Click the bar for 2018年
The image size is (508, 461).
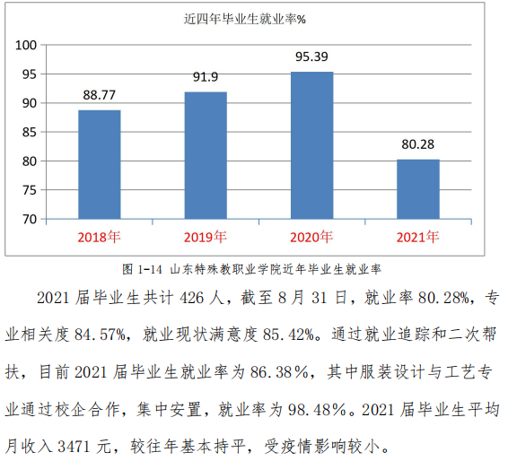[x=99, y=165]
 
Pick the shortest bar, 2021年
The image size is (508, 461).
[x=418, y=189]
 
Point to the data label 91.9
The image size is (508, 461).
[x=206, y=77]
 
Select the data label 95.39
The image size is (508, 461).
[x=311, y=57]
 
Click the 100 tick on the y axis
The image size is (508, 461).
[x=27, y=45]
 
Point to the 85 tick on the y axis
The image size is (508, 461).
[x=31, y=132]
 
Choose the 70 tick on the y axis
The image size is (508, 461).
[x=31, y=219]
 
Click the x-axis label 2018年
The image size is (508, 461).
[x=99, y=238]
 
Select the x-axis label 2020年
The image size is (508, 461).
[x=311, y=238]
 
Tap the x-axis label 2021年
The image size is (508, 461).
[x=418, y=238]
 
